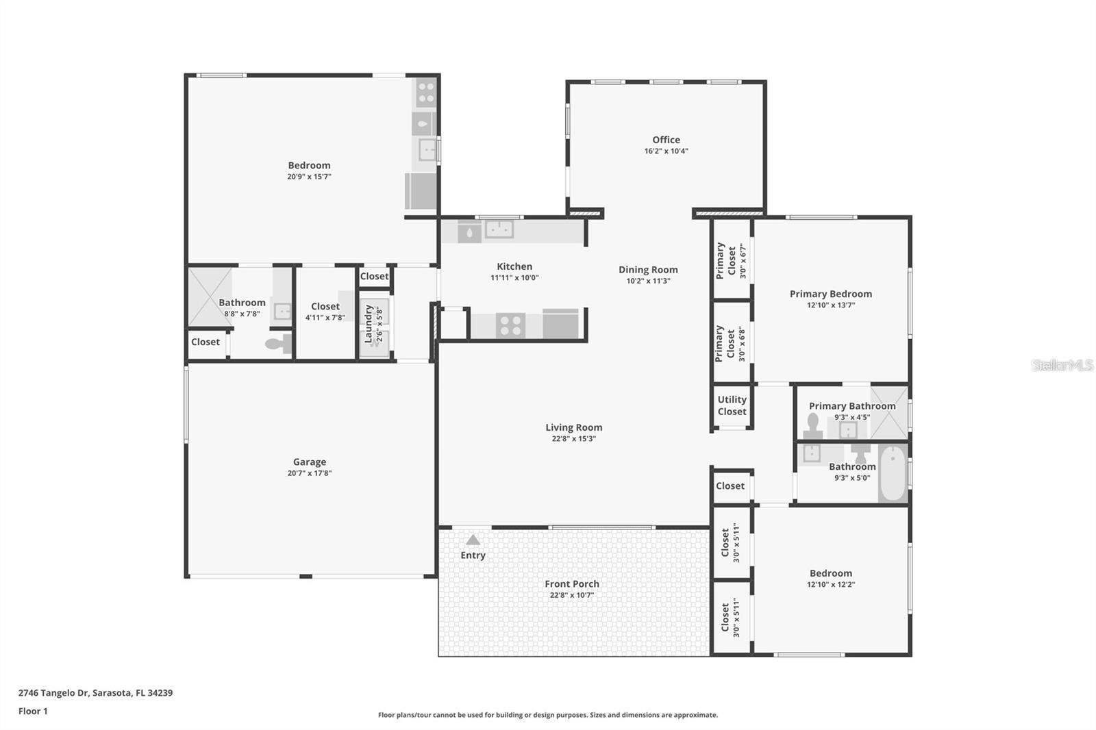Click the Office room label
[x=666, y=140]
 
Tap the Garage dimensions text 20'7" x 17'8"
[x=310, y=473]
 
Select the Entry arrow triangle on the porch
[x=473, y=540]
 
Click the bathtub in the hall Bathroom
[x=893, y=474]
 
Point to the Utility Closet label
[x=732, y=405]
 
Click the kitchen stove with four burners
[x=510, y=325]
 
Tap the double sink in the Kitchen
[x=499, y=229]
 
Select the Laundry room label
[x=369, y=324]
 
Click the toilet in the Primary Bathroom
[x=813, y=426]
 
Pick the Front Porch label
[x=572, y=584]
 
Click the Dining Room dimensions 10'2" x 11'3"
[x=648, y=281]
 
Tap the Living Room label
[x=574, y=427]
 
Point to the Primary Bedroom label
[x=831, y=294]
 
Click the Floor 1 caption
[x=33, y=711]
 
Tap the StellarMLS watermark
[x=1062, y=365]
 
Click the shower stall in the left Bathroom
[x=210, y=297]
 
